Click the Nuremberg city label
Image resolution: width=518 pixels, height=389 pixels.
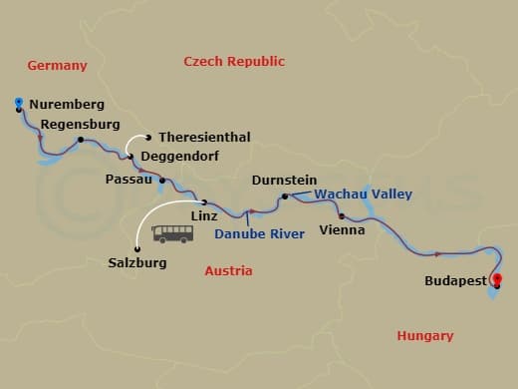[x=68, y=104]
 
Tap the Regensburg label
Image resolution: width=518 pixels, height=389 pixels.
[x=80, y=124]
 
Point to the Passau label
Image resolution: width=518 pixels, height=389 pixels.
[x=129, y=180]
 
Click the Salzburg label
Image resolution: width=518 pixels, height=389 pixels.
[x=136, y=263]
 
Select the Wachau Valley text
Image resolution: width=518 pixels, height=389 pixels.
[x=363, y=194]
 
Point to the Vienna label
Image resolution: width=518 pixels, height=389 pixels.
[x=341, y=229]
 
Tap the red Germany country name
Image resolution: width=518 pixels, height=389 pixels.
[x=57, y=66]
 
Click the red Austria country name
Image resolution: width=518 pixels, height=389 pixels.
[x=228, y=270]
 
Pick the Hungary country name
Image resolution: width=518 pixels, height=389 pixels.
[x=424, y=336]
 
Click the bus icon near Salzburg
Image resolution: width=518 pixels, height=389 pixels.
[x=172, y=234]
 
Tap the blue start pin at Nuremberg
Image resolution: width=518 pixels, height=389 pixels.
[x=20, y=103]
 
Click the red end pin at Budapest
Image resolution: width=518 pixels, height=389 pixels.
[x=497, y=280]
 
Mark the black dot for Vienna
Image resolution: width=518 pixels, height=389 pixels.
[x=342, y=215]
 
